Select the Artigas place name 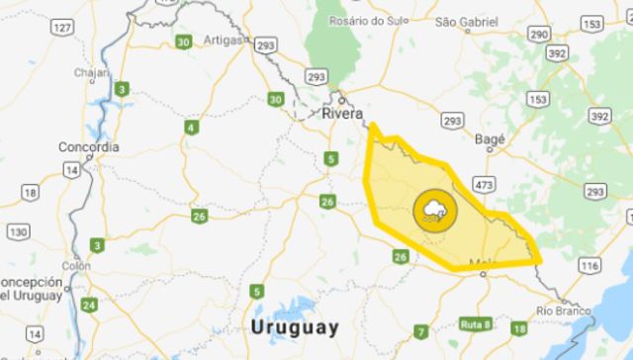(x=223, y=40)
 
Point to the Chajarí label (x=94, y=73)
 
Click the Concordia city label (x=89, y=147)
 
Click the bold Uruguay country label (x=295, y=326)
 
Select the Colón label (x=76, y=265)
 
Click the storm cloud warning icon (x=434, y=210)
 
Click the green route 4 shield (x=190, y=127)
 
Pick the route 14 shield (x=72, y=170)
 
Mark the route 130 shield (x=18, y=231)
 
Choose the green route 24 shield (x=89, y=305)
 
